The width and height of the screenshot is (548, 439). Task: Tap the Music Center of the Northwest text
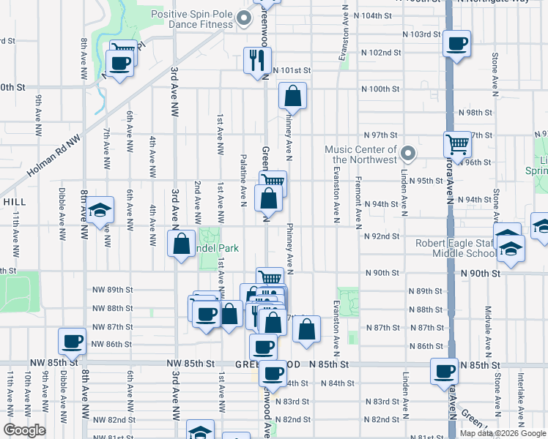(360, 154)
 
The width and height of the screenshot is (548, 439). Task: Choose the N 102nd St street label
(382, 53)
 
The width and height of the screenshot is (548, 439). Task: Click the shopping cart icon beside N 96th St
(458, 145)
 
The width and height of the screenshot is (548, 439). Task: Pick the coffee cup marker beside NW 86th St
(73, 340)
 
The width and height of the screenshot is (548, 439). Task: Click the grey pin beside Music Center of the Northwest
(409, 154)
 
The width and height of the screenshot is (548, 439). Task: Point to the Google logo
(23, 430)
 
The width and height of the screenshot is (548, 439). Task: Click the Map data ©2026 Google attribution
(501, 433)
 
